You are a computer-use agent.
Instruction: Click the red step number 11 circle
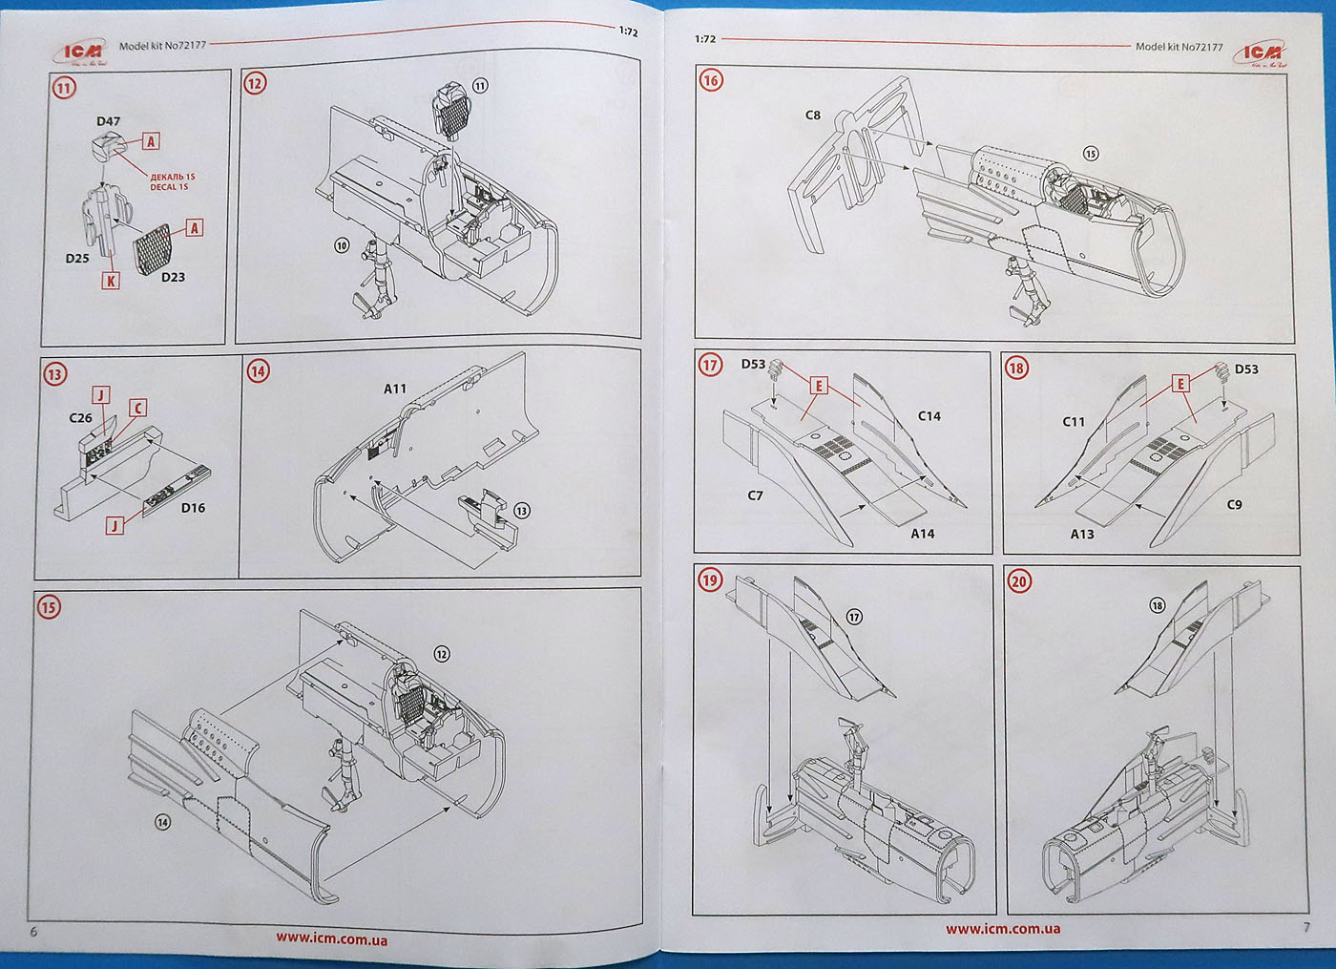click(63, 89)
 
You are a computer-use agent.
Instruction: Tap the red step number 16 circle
click(711, 80)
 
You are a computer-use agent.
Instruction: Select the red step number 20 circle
click(1019, 581)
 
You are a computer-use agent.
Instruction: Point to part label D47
click(108, 121)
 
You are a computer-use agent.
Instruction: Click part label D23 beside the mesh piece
click(173, 277)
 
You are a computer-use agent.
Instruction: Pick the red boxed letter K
click(111, 281)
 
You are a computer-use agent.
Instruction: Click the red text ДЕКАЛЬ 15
click(172, 177)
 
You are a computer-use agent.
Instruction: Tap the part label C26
click(81, 418)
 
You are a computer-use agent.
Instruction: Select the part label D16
click(193, 508)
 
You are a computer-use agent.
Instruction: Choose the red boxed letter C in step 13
click(137, 409)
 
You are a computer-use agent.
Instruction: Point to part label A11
click(395, 389)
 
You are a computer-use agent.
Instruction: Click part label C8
click(812, 116)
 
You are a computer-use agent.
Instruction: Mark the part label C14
click(929, 416)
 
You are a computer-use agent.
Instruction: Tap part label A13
click(1082, 534)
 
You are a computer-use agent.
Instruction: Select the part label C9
click(1234, 504)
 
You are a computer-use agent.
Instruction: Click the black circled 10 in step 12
click(342, 245)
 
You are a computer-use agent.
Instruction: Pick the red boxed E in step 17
click(818, 386)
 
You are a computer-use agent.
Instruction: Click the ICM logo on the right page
click(1261, 53)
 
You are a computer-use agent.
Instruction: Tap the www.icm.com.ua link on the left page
click(332, 938)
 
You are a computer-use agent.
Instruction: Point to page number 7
click(1305, 927)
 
